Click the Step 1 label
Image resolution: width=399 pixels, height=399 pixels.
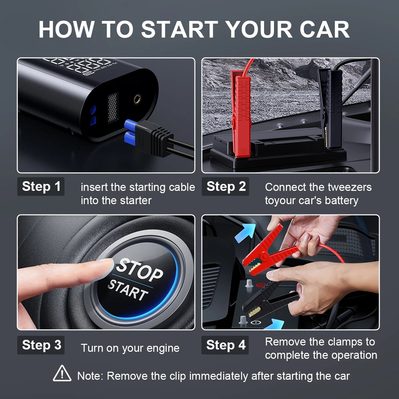[x=41, y=186]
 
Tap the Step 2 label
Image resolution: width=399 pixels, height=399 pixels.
[x=225, y=186]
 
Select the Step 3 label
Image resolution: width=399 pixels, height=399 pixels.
[x=41, y=345]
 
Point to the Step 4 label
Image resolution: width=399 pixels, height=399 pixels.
[x=225, y=345]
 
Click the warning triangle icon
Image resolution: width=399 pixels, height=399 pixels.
[x=62, y=373]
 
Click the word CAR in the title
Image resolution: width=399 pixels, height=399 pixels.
[x=325, y=29]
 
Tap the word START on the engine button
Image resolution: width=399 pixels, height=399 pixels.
[x=128, y=290]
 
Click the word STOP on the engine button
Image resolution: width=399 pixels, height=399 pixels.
[x=139, y=269]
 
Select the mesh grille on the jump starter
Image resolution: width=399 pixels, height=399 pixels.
[x=113, y=108]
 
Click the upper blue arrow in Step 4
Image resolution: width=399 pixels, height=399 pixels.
[x=245, y=233]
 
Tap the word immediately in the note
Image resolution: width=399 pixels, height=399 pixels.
[x=218, y=376]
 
